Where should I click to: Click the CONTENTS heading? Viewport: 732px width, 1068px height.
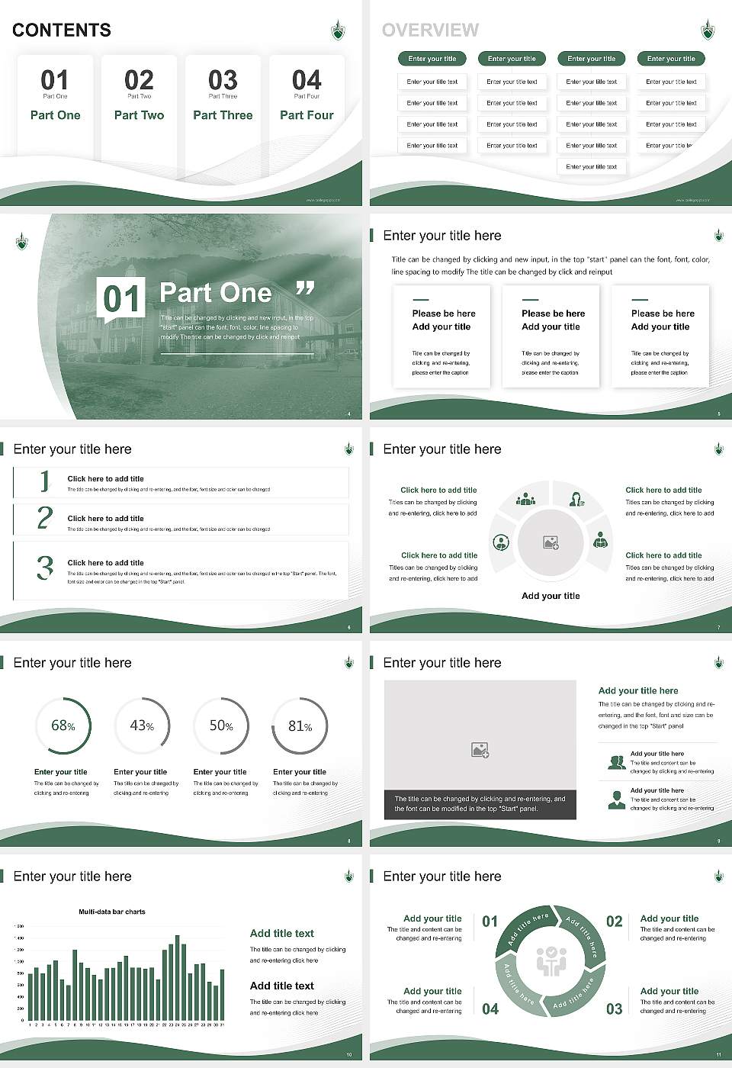pyautogui.click(x=62, y=30)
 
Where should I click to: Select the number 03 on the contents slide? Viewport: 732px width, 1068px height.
pyautogui.click(x=223, y=80)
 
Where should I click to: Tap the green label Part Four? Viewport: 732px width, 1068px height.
pyautogui.click(x=307, y=115)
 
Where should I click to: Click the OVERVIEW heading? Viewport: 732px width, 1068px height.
pyautogui.click(x=430, y=30)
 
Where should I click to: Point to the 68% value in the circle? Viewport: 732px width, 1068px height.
pyautogui.click(x=63, y=725)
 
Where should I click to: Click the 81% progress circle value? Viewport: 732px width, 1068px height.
pyautogui.click(x=300, y=726)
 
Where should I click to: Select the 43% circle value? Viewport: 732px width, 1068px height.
pyautogui.click(x=142, y=725)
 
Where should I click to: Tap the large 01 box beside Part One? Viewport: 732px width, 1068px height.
pyautogui.click(x=121, y=298)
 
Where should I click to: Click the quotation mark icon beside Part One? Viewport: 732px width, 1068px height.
pyautogui.click(x=305, y=288)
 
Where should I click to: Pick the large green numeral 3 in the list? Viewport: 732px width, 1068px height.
pyautogui.click(x=45, y=568)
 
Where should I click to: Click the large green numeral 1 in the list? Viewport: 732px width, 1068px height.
pyautogui.click(x=44, y=481)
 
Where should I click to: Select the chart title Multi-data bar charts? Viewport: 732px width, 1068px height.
pyautogui.click(x=112, y=912)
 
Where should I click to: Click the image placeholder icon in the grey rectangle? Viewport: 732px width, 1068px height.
pyautogui.click(x=480, y=750)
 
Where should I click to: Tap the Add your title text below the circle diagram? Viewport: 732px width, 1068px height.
pyautogui.click(x=551, y=596)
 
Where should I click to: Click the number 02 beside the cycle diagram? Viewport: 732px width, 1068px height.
pyautogui.click(x=614, y=922)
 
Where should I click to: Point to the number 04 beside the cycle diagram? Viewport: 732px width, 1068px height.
pyautogui.click(x=490, y=1008)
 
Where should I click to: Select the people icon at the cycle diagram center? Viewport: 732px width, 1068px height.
pyautogui.click(x=551, y=962)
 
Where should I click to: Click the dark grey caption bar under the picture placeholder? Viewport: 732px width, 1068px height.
pyautogui.click(x=480, y=804)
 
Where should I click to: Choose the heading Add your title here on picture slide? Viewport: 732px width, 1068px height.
pyautogui.click(x=638, y=690)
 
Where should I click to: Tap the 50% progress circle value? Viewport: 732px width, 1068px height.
pyautogui.click(x=221, y=725)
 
